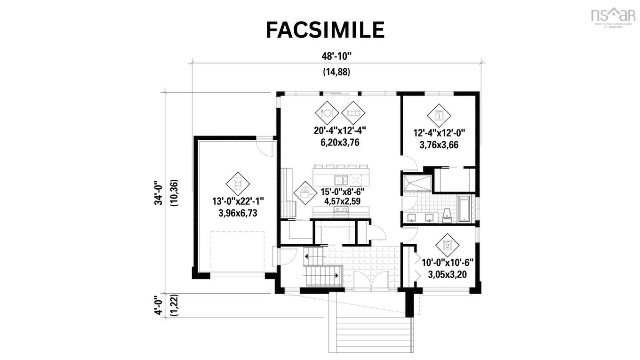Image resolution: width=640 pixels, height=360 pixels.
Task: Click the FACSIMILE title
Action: click(x=325, y=30)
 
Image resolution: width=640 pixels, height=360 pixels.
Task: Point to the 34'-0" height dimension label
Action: click(x=160, y=193)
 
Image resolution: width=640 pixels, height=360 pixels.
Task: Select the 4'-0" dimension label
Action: click(x=160, y=304)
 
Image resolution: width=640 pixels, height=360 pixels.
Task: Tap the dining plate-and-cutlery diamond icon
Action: click(x=327, y=112)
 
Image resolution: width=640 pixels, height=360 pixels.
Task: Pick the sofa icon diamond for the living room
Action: click(x=353, y=112)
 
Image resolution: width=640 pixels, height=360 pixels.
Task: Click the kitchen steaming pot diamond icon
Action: click(x=304, y=193)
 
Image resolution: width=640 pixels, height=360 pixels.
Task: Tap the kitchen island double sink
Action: click(x=341, y=180)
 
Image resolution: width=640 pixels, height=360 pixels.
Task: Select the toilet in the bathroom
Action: click(x=447, y=216)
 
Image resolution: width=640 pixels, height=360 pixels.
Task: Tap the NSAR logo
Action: click(x=613, y=16)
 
